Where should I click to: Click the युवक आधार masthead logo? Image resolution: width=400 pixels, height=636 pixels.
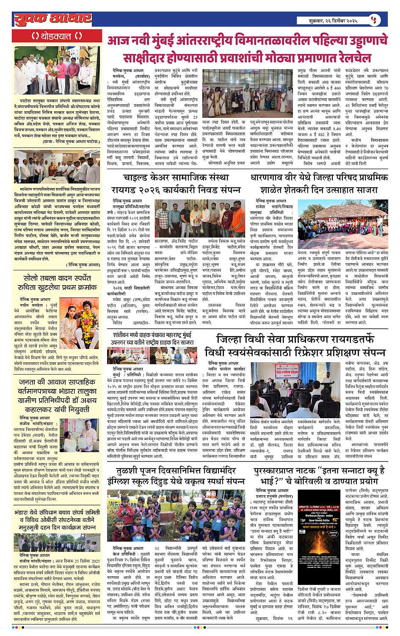coord(52,19)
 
